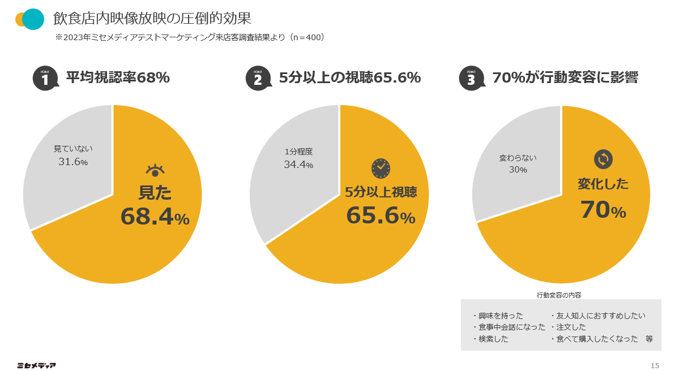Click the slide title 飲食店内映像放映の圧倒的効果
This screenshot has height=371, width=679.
coord(152,18)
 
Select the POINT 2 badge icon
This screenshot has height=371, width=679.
coord(258,78)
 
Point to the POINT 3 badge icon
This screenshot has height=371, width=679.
coord(471,78)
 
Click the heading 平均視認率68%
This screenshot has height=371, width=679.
coord(118,77)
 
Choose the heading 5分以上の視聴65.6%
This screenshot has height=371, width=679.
coord(349,77)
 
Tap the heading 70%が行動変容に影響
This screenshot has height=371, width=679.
coord(565,77)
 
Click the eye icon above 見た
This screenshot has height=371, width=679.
coord(155,170)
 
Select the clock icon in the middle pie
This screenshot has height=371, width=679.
coord(381,167)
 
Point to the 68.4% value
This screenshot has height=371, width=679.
coord(155,217)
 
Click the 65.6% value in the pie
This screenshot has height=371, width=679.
coord(381,215)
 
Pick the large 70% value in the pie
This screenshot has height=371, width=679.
coord(603,210)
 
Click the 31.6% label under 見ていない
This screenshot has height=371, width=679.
coord(73,162)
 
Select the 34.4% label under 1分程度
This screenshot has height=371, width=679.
coord(298,165)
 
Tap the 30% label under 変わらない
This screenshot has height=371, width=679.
coord(518,170)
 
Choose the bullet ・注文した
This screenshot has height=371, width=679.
coord(568,327)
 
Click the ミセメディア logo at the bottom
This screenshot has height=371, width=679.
coord(36,365)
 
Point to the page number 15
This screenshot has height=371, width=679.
coord(655,365)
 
